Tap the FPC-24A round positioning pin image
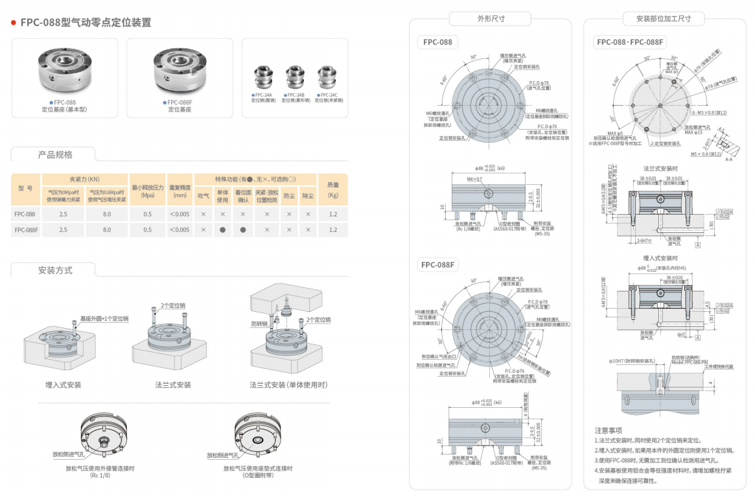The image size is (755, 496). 264,77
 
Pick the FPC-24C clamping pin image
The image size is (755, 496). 327,77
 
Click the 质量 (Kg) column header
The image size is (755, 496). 333,189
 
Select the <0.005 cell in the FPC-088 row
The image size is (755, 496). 180,213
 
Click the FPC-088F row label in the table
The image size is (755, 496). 26,230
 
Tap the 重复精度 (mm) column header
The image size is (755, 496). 180,189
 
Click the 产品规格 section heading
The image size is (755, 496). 55,155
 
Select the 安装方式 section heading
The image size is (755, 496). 55,270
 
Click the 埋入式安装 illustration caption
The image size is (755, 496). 64,384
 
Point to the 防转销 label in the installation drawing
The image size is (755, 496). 259,324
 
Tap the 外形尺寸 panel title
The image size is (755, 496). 491,19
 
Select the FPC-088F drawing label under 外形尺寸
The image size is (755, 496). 439,265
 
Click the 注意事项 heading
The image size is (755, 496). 609,431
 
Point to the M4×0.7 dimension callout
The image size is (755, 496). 475,178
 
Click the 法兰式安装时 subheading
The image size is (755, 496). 660,169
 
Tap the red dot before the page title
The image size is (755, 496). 14,23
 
